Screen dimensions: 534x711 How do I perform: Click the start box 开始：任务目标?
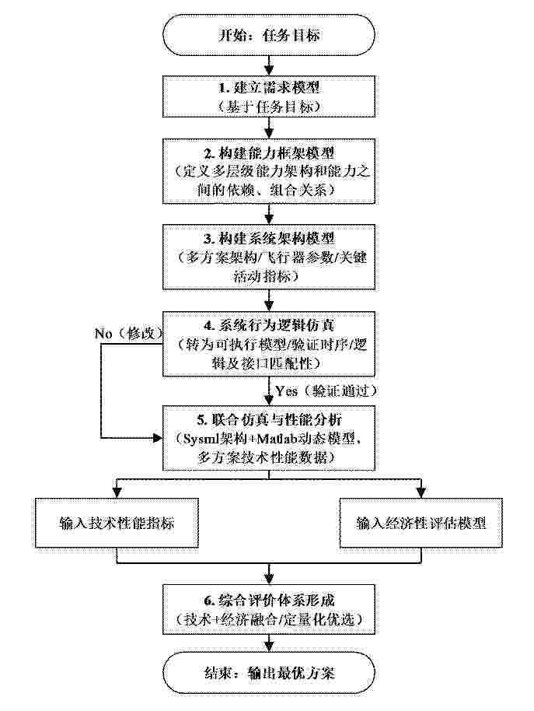(269, 35)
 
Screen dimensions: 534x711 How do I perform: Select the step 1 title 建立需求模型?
(276, 87)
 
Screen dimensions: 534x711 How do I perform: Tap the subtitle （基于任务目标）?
(269, 106)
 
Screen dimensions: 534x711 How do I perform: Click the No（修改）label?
(128, 334)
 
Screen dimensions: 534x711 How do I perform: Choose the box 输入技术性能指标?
(117, 523)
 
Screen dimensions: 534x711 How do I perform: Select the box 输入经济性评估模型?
(421, 523)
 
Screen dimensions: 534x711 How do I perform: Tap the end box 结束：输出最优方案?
(269, 672)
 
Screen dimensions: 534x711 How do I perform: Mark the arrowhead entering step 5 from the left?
(158, 438)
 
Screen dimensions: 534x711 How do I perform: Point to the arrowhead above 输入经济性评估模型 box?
(421, 493)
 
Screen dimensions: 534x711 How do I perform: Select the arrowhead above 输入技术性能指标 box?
(117, 493)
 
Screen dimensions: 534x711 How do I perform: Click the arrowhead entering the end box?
(269, 646)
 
